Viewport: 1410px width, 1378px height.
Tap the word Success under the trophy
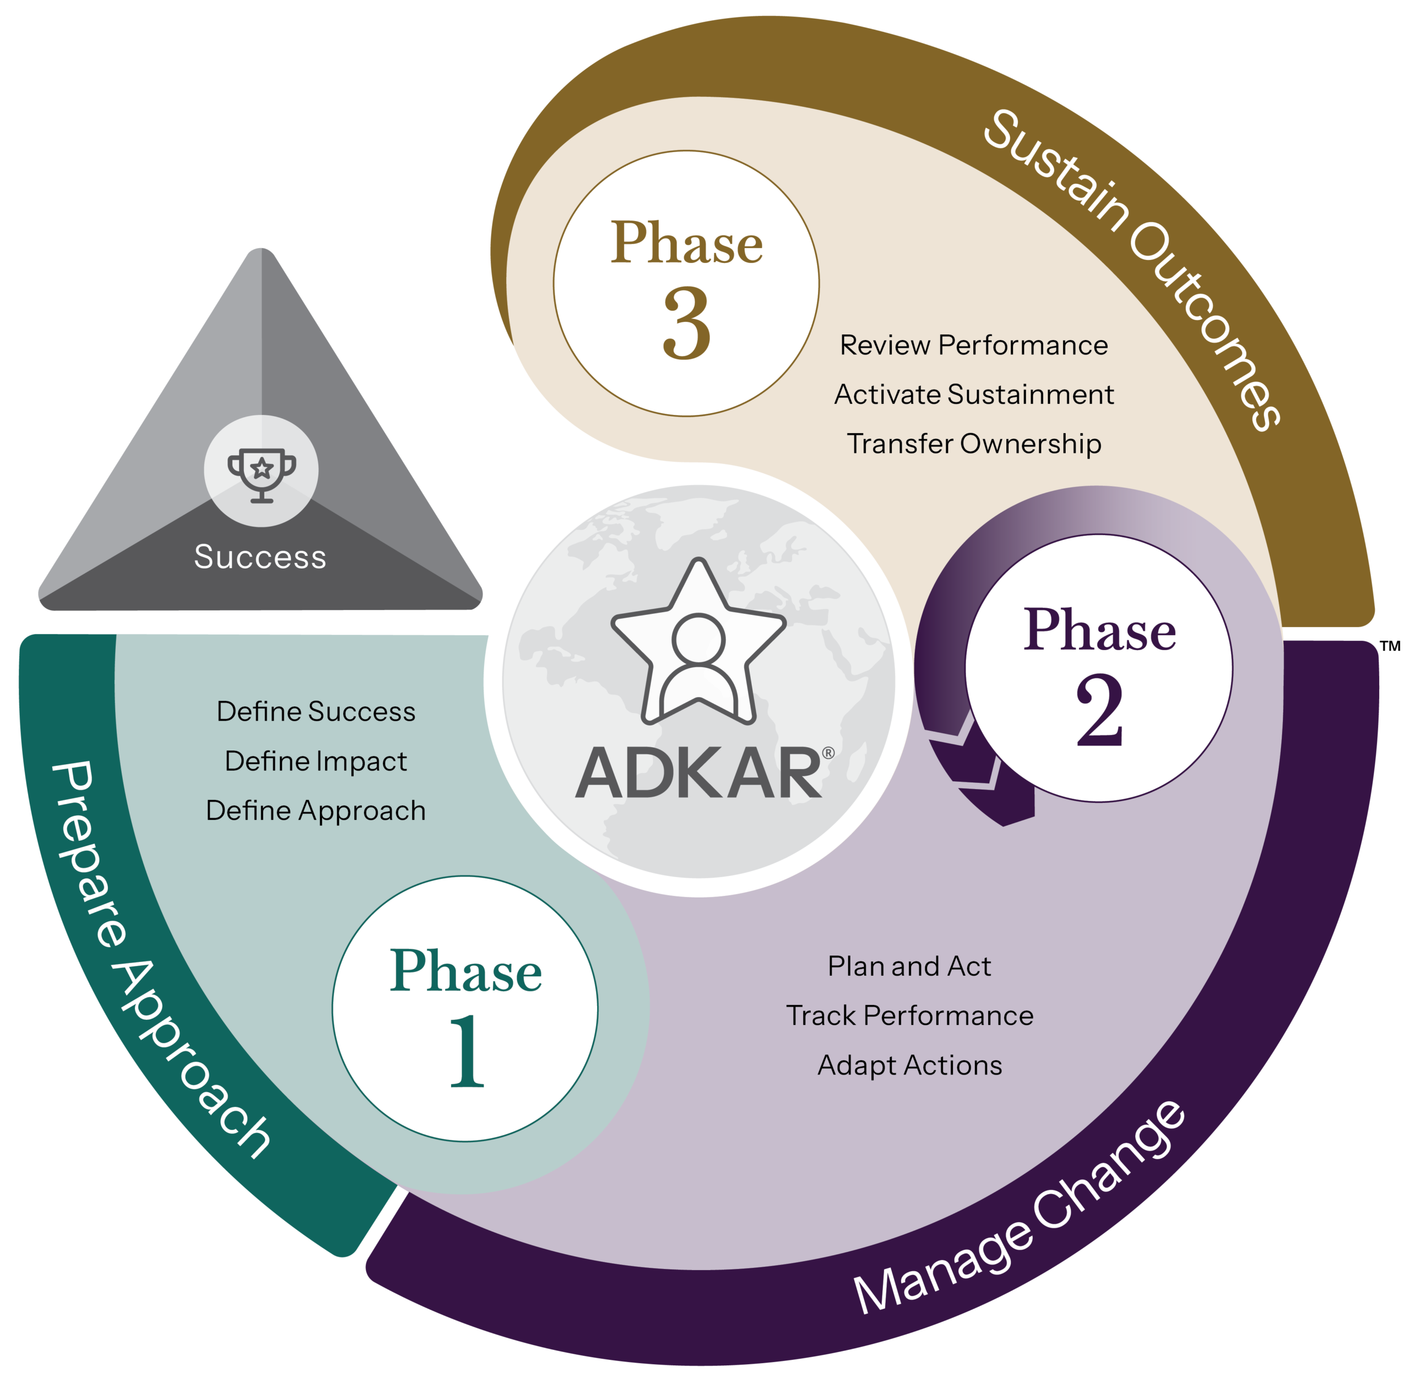click(x=261, y=557)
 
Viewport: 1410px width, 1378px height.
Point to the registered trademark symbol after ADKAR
click(x=828, y=753)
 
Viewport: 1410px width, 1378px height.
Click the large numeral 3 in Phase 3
click(x=687, y=323)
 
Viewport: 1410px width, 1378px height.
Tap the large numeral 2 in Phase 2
click(x=1099, y=711)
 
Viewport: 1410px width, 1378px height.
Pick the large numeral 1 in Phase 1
click(x=467, y=1051)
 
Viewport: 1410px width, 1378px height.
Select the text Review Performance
click(x=974, y=345)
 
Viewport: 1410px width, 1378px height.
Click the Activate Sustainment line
click(x=974, y=395)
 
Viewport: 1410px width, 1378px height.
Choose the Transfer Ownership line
click(x=974, y=444)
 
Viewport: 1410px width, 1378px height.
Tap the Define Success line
click(x=316, y=711)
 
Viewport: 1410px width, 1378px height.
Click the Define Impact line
click(x=316, y=761)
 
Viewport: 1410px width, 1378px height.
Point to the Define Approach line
click(x=316, y=810)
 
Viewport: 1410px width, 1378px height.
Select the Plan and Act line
click(x=909, y=966)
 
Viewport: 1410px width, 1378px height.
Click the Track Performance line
click(x=909, y=1016)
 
